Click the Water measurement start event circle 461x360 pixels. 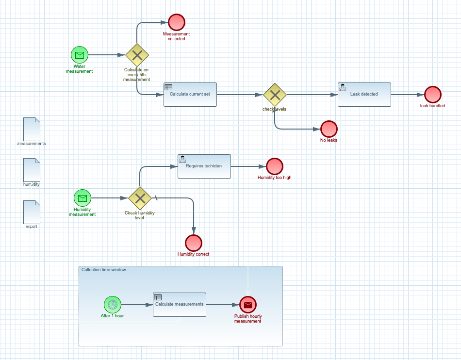79,55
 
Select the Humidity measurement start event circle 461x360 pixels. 82,198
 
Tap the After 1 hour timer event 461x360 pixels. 112,305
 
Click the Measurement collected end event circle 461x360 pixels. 177,22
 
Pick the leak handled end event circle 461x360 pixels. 432,95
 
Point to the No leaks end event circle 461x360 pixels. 329,129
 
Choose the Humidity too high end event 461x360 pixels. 274,166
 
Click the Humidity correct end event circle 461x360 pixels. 193,243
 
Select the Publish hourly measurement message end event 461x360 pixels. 247,305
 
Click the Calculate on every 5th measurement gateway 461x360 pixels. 137,55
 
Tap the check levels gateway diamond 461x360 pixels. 275,95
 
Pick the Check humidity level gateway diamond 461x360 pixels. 140,198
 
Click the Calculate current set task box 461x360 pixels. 190,95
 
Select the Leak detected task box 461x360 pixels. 364,95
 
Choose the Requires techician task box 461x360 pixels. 204,166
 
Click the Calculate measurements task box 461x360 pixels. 179,305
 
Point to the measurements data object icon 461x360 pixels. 32,129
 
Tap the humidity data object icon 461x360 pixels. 32,170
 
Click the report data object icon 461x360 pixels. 32,212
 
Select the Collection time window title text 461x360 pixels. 103,270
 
